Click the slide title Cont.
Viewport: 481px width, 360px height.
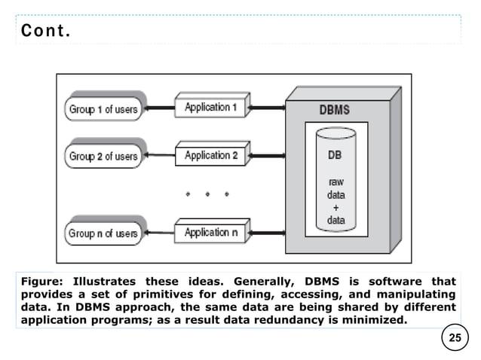point(47,32)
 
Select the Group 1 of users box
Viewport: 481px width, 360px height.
point(103,109)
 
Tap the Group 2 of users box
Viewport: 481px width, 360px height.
point(103,157)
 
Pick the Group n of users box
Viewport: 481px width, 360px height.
point(103,233)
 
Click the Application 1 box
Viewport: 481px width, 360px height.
point(211,108)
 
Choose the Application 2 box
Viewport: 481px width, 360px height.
point(211,156)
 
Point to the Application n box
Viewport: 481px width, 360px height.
point(211,233)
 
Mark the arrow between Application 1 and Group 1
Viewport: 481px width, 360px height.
point(161,108)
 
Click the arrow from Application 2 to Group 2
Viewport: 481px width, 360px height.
point(161,157)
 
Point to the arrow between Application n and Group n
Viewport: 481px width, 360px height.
point(161,233)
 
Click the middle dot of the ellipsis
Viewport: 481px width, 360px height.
point(207,194)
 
